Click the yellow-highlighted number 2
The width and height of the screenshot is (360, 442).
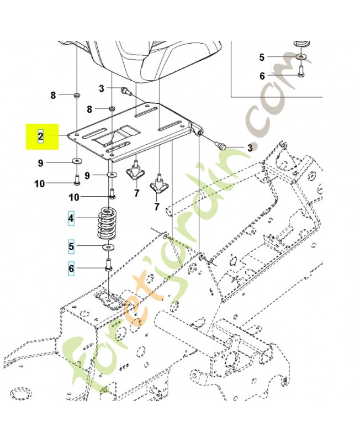[x=41, y=135]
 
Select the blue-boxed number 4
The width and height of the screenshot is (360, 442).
[x=71, y=219]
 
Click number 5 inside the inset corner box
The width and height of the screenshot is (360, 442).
[x=262, y=56]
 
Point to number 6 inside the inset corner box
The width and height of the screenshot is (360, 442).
[x=262, y=76]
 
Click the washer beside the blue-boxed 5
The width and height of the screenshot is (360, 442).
[x=109, y=245]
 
